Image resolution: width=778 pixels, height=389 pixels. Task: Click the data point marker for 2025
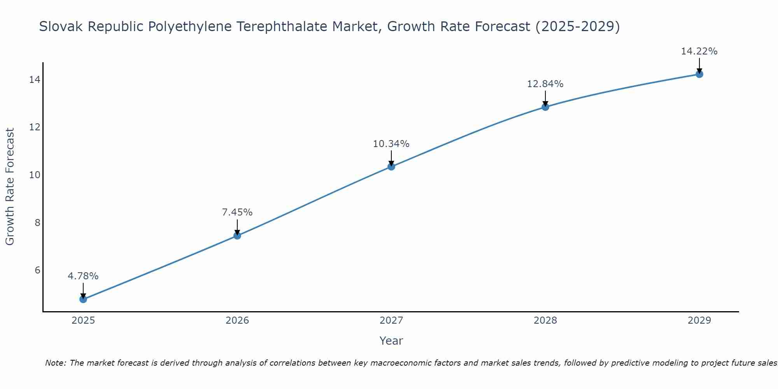83,299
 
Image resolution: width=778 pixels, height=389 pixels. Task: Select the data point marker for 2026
237,235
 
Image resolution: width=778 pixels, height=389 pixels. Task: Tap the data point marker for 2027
391,166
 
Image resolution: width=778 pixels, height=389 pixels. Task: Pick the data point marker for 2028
545,107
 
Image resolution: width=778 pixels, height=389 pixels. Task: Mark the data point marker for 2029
699,74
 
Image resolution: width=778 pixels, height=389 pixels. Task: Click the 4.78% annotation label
83,276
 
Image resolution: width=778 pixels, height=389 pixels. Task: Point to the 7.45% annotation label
237,212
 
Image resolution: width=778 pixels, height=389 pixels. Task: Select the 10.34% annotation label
391,144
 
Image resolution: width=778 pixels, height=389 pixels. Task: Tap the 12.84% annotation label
545,84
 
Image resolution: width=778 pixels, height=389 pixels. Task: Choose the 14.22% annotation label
699,51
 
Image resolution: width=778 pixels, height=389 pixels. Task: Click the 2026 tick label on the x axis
237,321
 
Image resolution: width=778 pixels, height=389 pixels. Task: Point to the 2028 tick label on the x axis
545,321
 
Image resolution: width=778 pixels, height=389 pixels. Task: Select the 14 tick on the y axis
35,80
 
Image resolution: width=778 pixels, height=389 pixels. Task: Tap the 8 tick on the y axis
37,223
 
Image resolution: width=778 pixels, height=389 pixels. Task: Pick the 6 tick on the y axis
37,270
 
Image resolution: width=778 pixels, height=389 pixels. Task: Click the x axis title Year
391,341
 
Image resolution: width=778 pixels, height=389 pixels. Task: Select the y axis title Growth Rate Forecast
10,187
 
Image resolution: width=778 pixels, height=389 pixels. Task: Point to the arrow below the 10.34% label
391,158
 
